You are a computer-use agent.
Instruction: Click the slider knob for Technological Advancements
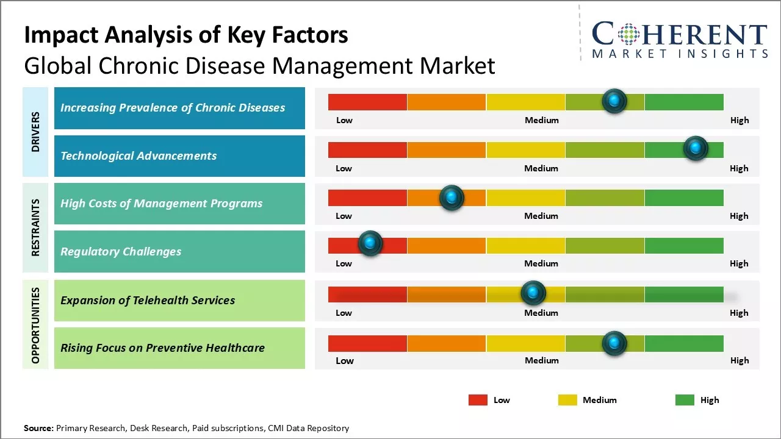[695, 148]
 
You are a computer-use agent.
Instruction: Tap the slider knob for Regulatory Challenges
[370, 243]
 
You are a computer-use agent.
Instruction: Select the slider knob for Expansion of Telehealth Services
[533, 293]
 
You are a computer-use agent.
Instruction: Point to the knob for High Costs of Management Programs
[452, 197]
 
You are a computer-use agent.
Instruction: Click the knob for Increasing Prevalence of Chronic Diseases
[614, 101]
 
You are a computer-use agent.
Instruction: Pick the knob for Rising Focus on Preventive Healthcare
[614, 343]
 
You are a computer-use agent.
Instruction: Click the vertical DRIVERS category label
[35, 132]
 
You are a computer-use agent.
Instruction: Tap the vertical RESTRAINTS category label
[35, 227]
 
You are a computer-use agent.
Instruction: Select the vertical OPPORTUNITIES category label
[35, 325]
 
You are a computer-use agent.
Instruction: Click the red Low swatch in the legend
[478, 400]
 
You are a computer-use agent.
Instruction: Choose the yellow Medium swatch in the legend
[567, 400]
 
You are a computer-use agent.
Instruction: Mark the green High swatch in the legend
[685, 400]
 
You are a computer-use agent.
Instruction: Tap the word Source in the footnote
[38, 428]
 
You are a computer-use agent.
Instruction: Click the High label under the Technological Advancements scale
[739, 168]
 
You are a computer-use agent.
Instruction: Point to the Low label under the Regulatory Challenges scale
[344, 263]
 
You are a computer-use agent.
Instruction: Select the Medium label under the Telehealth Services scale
[541, 313]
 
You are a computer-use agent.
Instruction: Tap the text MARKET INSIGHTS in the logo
[680, 54]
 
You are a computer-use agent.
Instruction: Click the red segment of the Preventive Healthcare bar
[367, 343]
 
